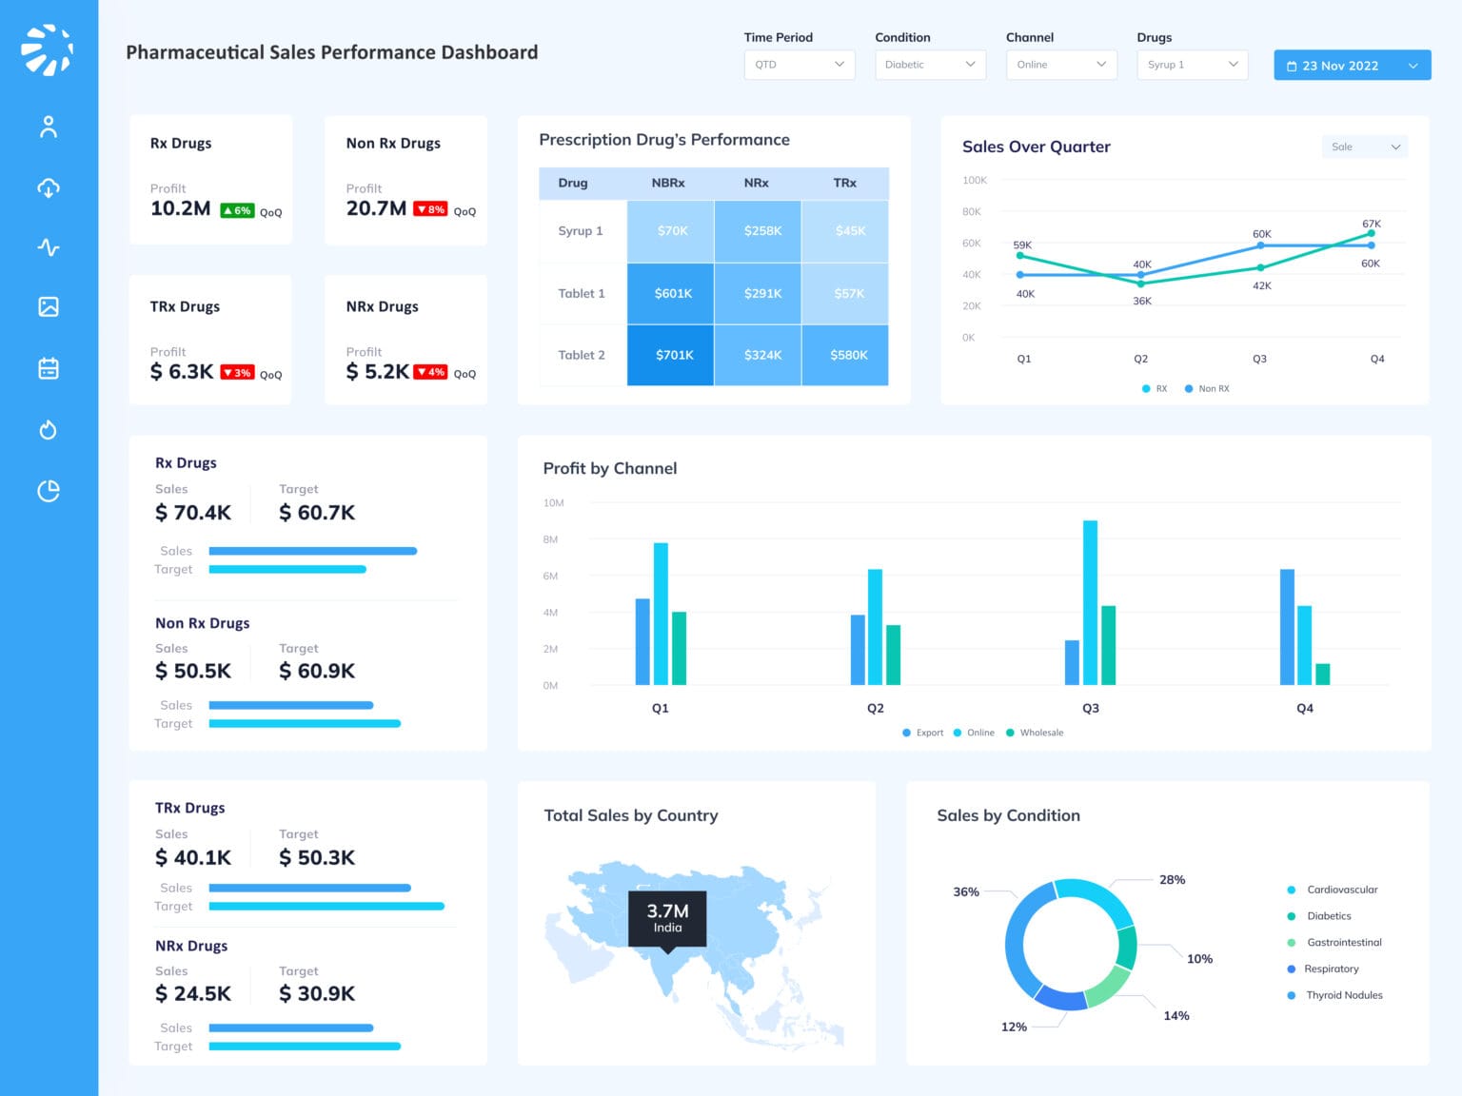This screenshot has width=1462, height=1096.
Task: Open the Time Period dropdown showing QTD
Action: [x=799, y=65]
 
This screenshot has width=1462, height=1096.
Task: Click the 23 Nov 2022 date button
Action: [x=1352, y=66]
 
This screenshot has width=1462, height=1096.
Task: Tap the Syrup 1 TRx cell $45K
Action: [x=849, y=231]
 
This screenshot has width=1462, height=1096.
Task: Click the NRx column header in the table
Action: [x=756, y=183]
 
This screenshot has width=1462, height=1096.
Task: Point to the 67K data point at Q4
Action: [x=1371, y=233]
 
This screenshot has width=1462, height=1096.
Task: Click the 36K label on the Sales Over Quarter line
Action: [x=1142, y=301]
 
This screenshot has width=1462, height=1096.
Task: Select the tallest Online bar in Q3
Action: [x=1090, y=601]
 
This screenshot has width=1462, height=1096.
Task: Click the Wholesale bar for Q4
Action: [x=1322, y=674]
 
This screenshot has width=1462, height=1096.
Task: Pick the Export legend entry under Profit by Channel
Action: [x=923, y=733]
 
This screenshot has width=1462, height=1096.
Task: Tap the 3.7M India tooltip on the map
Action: [x=667, y=918]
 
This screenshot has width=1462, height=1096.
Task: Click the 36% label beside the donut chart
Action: [x=966, y=891]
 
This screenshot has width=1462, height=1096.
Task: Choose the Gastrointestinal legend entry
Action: [x=1343, y=943]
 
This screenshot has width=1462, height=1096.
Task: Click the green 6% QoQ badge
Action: [x=237, y=210]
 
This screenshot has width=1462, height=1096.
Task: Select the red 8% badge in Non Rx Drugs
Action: [x=430, y=209]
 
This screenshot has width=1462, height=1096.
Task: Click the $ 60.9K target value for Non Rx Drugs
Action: [x=317, y=671]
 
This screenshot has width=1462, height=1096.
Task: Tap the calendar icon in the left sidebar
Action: [x=49, y=368]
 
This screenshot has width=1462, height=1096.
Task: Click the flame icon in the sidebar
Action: [x=49, y=430]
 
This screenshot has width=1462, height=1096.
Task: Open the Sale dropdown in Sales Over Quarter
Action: [x=1364, y=147]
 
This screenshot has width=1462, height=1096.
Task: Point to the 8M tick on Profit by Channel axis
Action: [x=550, y=539]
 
